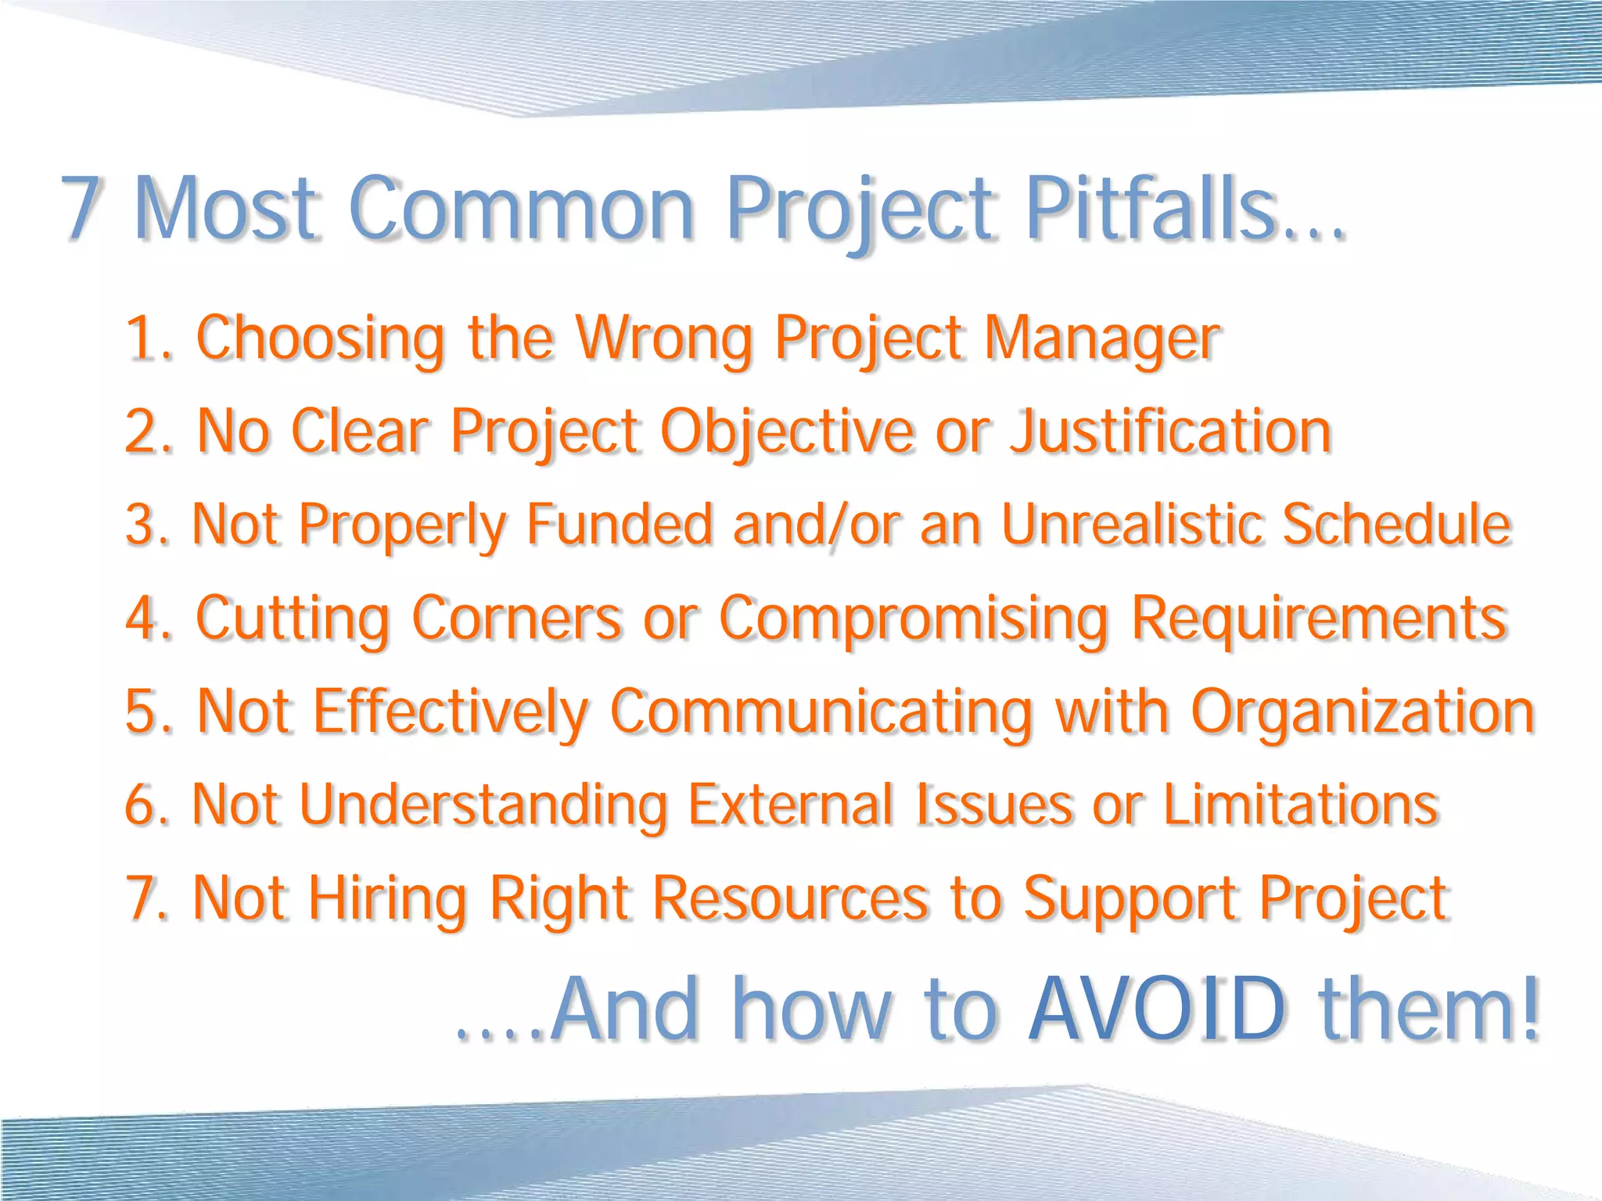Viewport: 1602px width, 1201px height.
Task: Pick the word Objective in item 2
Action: click(787, 432)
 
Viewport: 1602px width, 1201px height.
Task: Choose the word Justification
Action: click(1170, 432)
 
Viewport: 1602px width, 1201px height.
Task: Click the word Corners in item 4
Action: click(516, 618)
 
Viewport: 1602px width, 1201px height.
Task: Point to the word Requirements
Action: click(1319, 619)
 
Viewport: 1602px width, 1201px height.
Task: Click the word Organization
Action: click(1363, 712)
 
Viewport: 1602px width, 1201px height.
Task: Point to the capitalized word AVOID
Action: click(1157, 1009)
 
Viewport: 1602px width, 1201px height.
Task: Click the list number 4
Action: click(142, 618)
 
